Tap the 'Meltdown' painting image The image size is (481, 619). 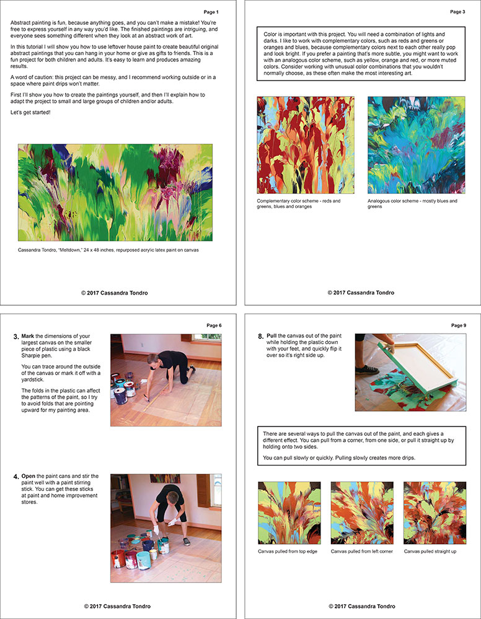[x=115, y=193]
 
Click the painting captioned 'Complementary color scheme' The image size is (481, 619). [x=306, y=145]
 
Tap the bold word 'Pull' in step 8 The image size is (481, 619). [x=273, y=337]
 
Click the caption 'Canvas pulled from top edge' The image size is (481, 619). [x=288, y=551]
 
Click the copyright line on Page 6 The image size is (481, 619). [x=117, y=606]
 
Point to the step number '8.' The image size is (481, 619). [x=261, y=337]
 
